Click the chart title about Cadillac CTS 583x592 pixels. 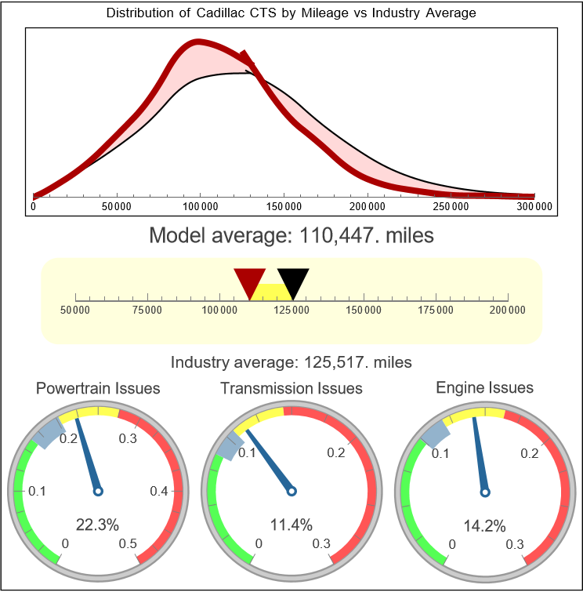point(291,13)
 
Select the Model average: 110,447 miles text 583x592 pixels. point(291,234)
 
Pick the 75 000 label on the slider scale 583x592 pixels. point(147,311)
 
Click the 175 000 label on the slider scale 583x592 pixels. point(436,311)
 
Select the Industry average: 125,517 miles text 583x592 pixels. point(291,362)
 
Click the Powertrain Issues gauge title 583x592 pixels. point(98,388)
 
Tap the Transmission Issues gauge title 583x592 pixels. point(291,388)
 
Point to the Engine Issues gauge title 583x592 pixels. point(484,387)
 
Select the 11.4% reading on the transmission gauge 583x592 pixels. point(291,525)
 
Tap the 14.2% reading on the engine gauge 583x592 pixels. point(484,525)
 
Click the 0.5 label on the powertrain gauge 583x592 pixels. point(129,544)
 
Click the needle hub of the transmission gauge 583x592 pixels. point(291,492)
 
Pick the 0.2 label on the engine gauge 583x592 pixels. point(528,453)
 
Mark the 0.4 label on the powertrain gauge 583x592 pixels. point(159,492)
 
